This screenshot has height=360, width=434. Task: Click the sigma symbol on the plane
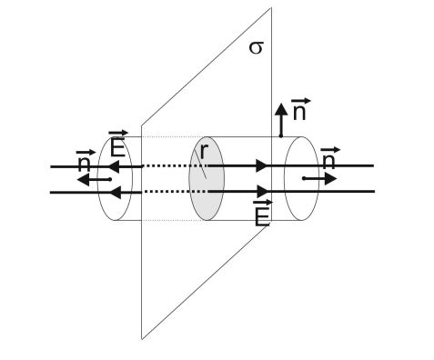[x=256, y=48]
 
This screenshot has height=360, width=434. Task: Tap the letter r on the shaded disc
[x=204, y=151]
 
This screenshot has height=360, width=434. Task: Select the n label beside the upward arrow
[x=300, y=109]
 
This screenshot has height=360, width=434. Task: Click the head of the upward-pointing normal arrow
[x=281, y=109]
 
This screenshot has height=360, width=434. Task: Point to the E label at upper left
[x=118, y=144]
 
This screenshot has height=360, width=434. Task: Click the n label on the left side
[x=86, y=160]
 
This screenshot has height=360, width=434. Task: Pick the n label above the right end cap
[x=330, y=158]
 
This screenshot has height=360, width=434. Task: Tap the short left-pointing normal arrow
[x=95, y=180]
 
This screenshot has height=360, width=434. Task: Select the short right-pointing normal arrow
[x=319, y=178]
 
